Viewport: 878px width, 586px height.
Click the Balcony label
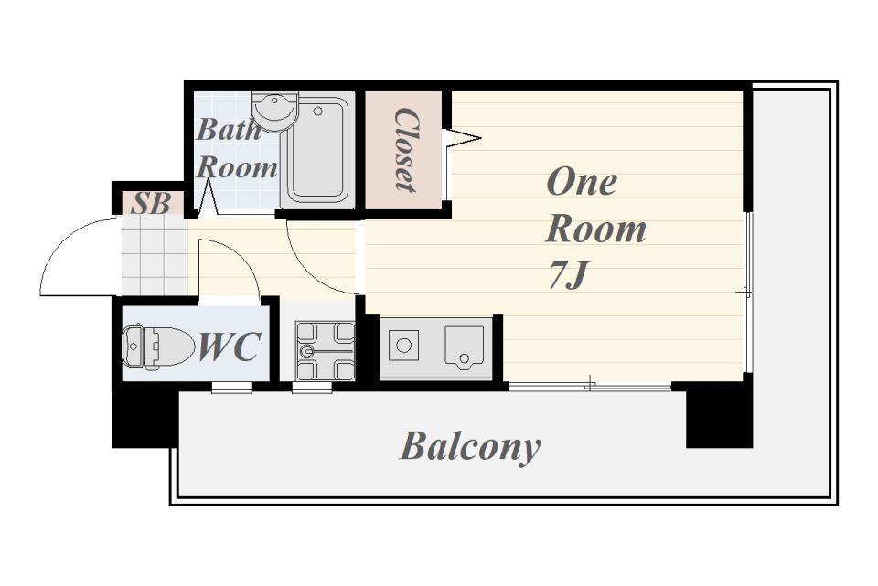tap(470, 447)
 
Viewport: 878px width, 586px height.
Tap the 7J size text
tap(567, 275)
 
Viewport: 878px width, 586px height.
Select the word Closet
tap(404, 149)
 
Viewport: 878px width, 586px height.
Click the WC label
tap(229, 346)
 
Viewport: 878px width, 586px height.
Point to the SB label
tap(150, 203)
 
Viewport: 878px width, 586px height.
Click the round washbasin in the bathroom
tap(273, 109)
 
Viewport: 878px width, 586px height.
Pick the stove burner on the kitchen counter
tap(403, 346)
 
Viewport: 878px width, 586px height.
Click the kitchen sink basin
tap(465, 347)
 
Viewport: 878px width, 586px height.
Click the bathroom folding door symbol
tap(208, 197)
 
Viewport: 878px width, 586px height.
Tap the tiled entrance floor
tap(154, 255)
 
